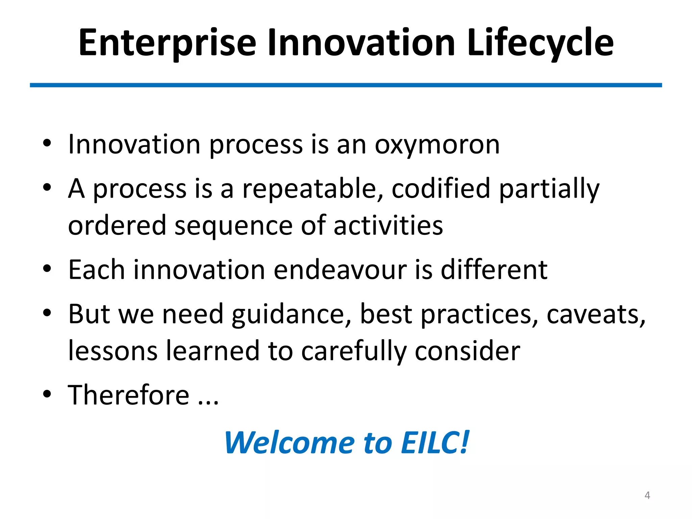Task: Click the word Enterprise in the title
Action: tap(167, 43)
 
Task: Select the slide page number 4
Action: tap(647, 495)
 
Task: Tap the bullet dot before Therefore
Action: tap(47, 394)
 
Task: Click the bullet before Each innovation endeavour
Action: tap(47, 269)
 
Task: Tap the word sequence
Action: tap(233, 226)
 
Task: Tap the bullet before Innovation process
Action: tap(47, 143)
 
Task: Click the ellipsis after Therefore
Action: tap(208, 402)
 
